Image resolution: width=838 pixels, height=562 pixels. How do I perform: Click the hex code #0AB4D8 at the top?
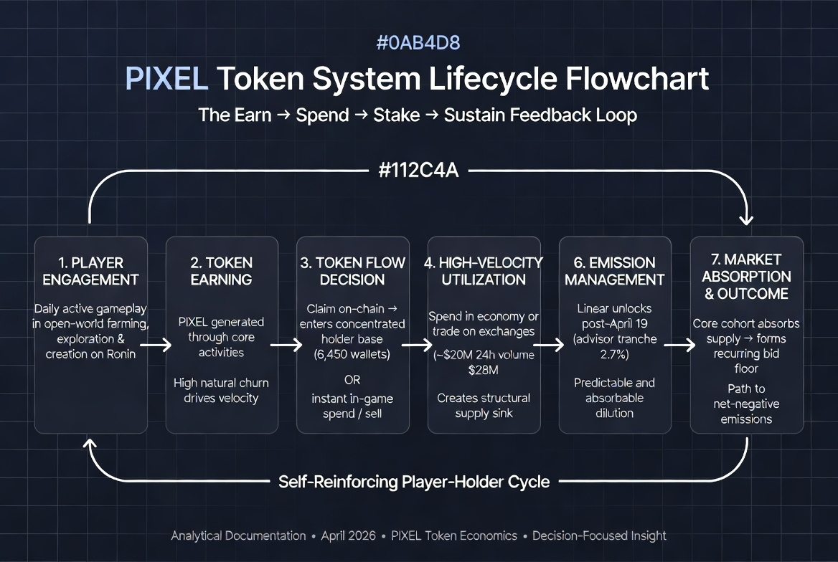click(418, 42)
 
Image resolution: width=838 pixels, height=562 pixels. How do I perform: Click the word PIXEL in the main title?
click(166, 78)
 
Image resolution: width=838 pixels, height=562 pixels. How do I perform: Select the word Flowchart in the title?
click(637, 78)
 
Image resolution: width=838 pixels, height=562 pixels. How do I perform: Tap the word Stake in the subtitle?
click(397, 115)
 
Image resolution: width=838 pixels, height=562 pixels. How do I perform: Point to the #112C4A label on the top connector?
click(418, 172)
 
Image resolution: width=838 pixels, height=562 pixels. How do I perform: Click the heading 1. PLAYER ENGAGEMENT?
click(90, 271)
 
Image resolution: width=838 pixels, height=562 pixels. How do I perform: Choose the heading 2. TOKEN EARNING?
click(222, 271)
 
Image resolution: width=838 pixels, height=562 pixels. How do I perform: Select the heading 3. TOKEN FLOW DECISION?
click(353, 271)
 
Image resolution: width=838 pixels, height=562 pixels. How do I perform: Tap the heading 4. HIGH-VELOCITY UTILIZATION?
click(484, 271)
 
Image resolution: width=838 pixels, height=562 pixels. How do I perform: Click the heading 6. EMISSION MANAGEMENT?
click(615, 271)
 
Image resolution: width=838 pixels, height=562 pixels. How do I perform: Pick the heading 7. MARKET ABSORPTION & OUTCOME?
click(746, 276)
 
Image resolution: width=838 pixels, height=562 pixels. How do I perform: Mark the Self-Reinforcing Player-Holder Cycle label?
click(414, 482)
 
